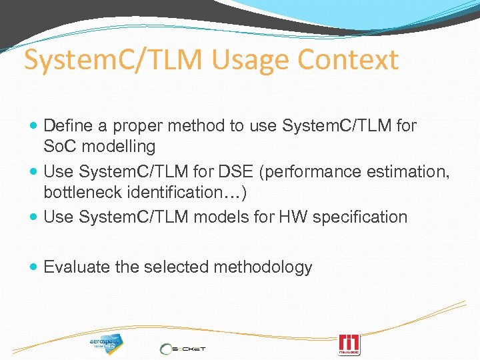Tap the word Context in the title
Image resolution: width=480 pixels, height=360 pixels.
point(348,60)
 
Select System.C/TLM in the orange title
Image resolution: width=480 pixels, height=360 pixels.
point(112,60)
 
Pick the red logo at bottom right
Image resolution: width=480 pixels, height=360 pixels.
point(349,345)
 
